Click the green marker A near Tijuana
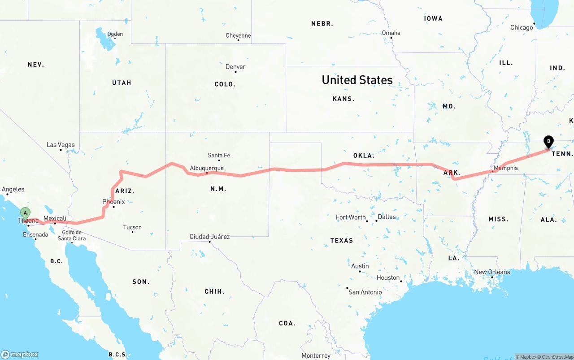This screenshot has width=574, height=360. [26, 213]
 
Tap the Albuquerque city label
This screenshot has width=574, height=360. [207, 168]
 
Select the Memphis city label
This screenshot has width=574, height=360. [505, 168]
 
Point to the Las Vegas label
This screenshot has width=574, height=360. [61, 145]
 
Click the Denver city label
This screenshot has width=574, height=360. [235, 67]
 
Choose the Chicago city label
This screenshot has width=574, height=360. [522, 27]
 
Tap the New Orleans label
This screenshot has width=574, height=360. [492, 272]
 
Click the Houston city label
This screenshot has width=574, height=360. [388, 278]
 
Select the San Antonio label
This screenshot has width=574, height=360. [365, 292]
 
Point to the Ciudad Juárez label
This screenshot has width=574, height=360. [209, 237]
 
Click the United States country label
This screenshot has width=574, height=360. [357, 80]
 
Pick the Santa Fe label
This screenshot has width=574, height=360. [219, 156]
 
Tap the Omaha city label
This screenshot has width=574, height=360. [391, 33]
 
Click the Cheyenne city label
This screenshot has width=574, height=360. [238, 35]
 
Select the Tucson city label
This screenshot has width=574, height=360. [132, 227]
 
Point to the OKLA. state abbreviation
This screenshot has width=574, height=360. [364, 156]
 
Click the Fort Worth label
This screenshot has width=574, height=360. [351, 217]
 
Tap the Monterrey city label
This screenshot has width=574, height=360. [316, 356]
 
